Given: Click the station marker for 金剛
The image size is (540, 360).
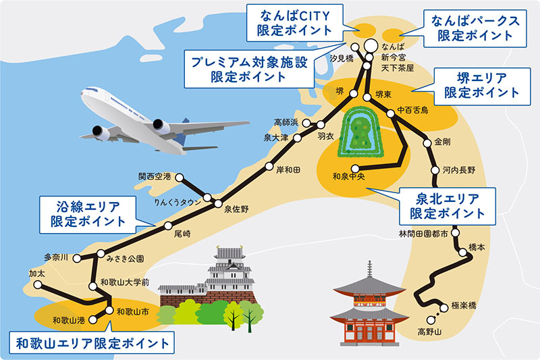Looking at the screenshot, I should tap(427, 143).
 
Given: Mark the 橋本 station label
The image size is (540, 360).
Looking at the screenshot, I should tap(476, 247).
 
